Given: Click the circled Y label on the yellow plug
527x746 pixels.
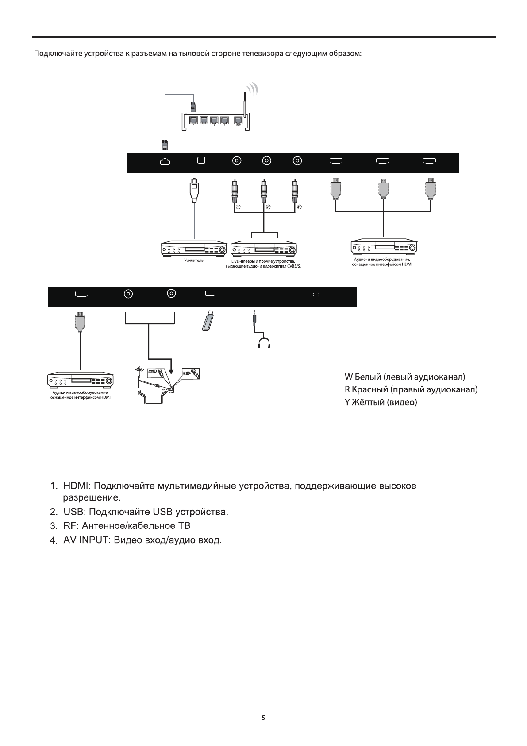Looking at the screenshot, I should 238,207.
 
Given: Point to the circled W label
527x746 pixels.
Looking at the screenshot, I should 268,207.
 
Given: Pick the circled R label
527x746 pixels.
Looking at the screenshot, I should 299,207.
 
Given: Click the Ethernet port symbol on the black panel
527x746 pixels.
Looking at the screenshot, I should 165,162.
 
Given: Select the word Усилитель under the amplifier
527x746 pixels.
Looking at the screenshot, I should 194,260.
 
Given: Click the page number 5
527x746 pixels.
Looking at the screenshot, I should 263,718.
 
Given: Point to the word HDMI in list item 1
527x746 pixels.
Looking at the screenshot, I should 77,486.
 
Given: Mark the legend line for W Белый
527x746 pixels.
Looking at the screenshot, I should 404,377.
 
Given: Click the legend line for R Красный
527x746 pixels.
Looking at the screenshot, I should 411,390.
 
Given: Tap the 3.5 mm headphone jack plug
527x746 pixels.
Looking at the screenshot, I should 254,319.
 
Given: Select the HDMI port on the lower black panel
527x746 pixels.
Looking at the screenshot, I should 82,293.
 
